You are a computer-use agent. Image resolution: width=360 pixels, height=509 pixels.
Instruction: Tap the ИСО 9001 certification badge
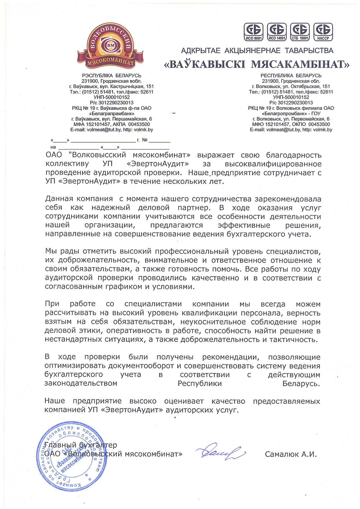point(253,32)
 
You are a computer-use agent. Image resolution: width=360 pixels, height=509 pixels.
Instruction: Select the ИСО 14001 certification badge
point(277,32)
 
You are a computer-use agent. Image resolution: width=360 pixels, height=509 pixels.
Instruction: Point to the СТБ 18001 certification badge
point(300,32)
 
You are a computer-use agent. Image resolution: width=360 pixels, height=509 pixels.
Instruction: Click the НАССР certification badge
point(323,32)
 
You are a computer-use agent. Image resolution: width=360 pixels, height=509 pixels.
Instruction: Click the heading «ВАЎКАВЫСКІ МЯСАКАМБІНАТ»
point(257,64)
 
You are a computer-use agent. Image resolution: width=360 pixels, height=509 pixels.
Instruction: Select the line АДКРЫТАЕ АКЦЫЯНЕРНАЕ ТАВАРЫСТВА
point(257,51)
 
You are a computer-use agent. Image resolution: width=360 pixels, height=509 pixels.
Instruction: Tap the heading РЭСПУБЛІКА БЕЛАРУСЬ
point(112,76)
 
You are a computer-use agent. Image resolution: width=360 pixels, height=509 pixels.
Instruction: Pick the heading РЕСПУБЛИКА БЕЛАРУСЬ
point(291,76)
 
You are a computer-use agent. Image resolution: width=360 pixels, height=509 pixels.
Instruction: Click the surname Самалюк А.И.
point(291,454)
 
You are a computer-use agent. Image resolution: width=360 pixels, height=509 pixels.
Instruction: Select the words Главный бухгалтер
point(80,445)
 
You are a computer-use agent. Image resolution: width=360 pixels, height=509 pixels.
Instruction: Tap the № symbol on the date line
point(145,140)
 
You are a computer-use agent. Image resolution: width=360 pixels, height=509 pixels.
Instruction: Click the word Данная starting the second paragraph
point(59,199)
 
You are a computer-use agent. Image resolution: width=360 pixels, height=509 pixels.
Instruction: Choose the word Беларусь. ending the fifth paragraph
point(301,384)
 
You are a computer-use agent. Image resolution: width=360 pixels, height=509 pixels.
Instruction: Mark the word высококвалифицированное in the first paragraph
point(273,164)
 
